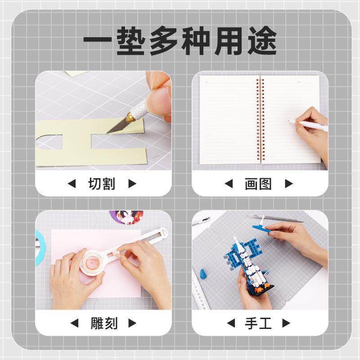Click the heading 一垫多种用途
[x=180, y=42]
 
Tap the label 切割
[x=102, y=184]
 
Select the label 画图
[x=258, y=184]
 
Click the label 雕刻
[x=102, y=323]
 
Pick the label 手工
[x=258, y=323]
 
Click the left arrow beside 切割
[x=72, y=184]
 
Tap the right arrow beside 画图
[x=289, y=184]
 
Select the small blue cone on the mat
[x=202, y=274]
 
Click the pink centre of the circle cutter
[x=93, y=262]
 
